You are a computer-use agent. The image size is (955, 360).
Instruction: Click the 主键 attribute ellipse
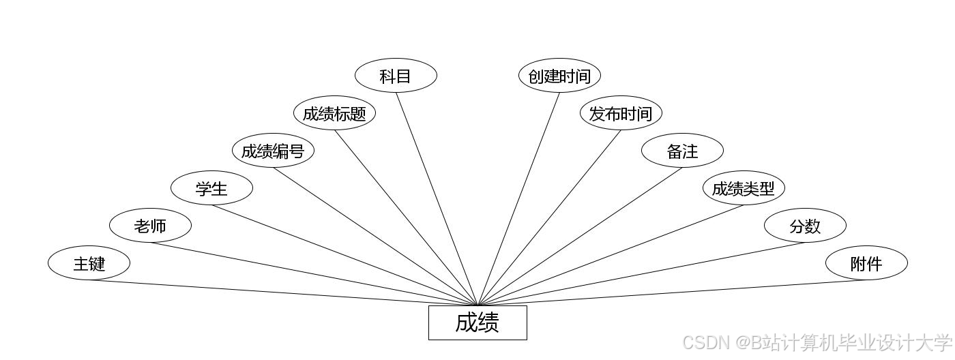[89, 263]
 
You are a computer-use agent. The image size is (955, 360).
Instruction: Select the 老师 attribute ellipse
[150, 226]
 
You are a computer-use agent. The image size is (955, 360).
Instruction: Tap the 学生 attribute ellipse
[211, 188]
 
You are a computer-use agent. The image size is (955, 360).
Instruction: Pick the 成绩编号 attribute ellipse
[273, 151]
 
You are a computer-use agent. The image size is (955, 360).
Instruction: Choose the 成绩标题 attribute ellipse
[334, 113]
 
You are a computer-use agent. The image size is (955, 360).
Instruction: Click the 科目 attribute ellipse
[396, 76]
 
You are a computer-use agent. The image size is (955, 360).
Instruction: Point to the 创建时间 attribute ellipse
[559, 76]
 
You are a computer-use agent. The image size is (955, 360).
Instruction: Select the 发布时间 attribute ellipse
[621, 113]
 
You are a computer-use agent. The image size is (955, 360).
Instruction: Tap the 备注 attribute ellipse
[682, 151]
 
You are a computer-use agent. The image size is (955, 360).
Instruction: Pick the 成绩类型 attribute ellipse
[744, 188]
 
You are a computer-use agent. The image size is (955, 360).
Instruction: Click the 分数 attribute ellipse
[805, 226]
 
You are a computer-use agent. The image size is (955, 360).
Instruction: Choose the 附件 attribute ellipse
[866, 263]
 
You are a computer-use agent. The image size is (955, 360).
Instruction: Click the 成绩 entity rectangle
[477, 322]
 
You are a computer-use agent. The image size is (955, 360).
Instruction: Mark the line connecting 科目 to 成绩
[437, 198]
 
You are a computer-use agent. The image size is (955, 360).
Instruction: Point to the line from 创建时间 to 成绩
[518, 198]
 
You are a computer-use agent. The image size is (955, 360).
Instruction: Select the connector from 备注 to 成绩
[580, 237]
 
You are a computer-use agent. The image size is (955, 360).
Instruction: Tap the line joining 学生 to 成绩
[344, 255]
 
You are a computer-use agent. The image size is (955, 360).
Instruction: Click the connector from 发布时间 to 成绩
[549, 217]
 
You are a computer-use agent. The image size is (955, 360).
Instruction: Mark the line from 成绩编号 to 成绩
[375, 237]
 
